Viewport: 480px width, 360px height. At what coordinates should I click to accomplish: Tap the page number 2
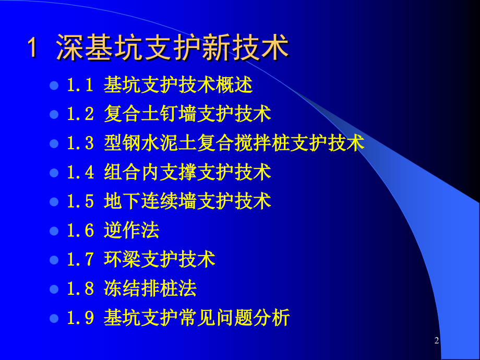437,341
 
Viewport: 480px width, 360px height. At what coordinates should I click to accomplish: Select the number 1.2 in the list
80,114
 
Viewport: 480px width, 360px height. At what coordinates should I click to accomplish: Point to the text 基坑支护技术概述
178,85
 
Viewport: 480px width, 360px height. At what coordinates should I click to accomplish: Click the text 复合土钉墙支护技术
187,114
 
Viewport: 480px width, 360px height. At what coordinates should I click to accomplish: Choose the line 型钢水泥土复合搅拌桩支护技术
234,143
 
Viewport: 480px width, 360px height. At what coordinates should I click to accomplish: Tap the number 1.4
80,172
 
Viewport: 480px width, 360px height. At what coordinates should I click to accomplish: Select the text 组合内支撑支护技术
187,172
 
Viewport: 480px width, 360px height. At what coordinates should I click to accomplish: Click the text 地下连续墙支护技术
187,201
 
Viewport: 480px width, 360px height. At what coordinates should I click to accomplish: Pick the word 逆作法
131,230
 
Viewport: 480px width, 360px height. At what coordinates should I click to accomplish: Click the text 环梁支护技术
160,259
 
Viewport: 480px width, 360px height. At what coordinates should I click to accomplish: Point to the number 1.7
80,259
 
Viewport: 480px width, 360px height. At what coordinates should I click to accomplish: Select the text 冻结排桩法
150,289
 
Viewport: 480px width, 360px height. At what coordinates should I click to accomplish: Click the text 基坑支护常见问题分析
197,318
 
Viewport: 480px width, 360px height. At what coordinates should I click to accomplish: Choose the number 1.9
80,318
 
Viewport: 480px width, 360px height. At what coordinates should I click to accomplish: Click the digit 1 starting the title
32,49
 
